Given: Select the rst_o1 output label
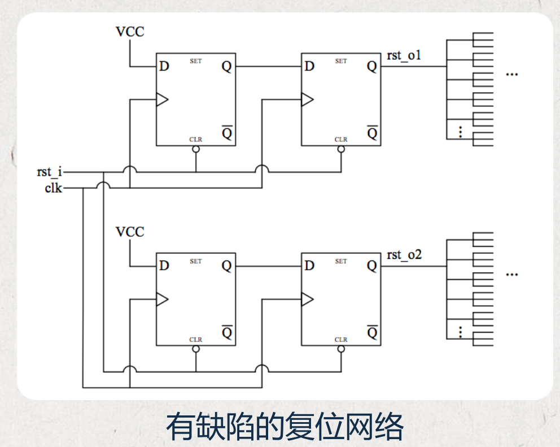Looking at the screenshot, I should (404, 55).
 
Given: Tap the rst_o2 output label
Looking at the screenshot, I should (404, 255).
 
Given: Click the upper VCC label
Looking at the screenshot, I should (130, 32).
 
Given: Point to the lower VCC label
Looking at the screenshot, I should (130, 232).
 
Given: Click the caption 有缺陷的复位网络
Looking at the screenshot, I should (285, 427).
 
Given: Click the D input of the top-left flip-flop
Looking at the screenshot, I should (164, 67).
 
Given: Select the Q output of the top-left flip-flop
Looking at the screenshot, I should (226, 67).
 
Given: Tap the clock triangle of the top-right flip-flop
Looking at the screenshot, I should (307, 100).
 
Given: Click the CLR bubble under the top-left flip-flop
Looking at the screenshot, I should (196, 149).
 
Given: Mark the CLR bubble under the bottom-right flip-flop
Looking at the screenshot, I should (341, 349).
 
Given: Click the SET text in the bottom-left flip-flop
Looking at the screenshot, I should (196, 261).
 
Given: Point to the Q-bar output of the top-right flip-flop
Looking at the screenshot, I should (371, 133).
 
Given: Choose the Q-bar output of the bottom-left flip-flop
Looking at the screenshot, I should (226, 332).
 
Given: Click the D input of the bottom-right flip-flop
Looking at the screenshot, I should (309, 266).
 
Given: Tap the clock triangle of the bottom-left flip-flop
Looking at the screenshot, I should (162, 300).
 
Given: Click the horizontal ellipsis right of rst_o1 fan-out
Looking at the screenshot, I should (512, 75).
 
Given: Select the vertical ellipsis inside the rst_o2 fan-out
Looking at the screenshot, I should (461, 332).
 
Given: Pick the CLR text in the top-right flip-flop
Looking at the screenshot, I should (341, 140).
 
